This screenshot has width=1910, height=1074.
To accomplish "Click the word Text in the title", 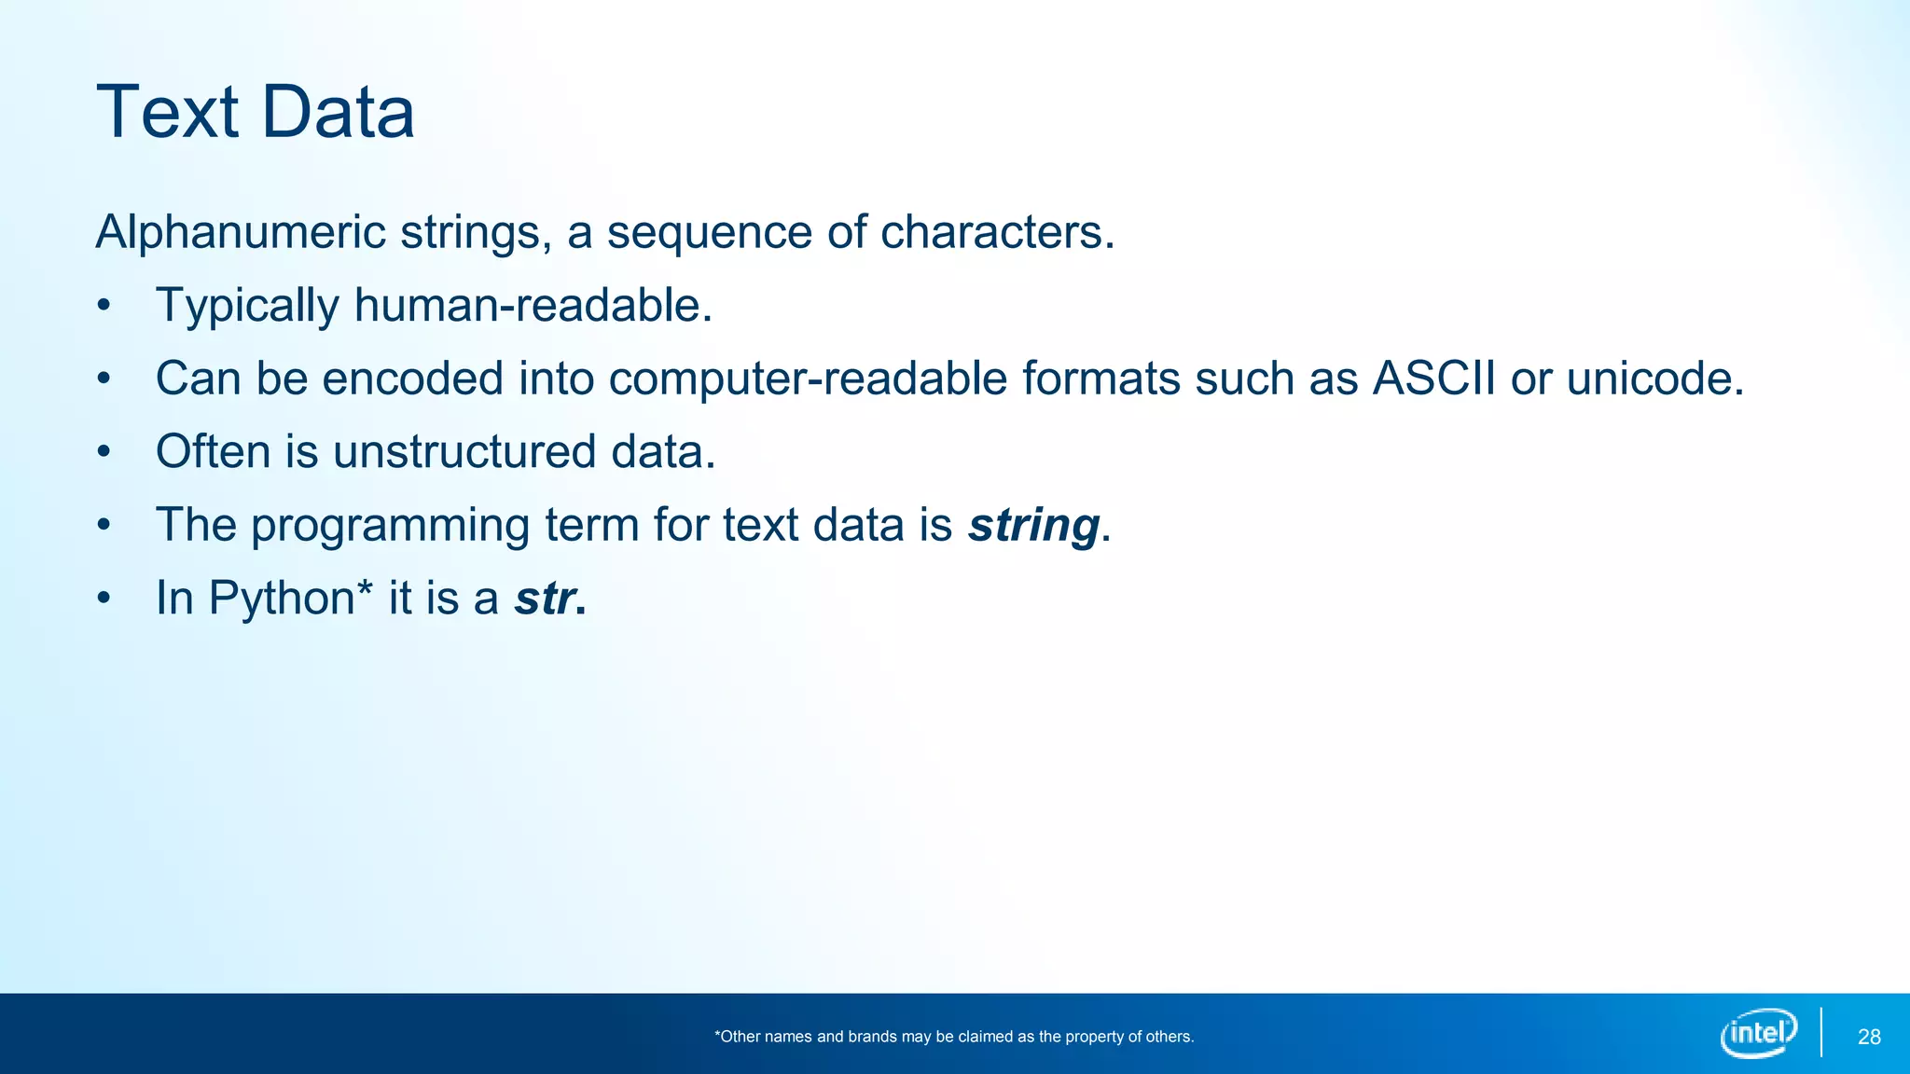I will tap(168, 113).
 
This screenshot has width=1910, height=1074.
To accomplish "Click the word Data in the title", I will tap(338, 113).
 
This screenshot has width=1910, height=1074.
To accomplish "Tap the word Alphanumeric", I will tap(241, 232).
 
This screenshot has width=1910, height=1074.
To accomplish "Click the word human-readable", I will tap(533, 306).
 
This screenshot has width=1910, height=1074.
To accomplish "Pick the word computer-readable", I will tap(808, 379).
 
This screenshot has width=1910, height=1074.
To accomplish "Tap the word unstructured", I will tap(464, 452).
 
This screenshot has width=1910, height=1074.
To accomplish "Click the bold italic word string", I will tap(1033, 525).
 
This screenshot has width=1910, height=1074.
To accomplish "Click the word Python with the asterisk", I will tap(282, 599).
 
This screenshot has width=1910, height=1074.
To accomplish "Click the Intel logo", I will tap(1759, 1033).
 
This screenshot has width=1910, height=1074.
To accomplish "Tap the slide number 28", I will tap(1869, 1038).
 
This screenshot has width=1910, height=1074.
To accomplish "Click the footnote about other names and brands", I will tap(954, 1037).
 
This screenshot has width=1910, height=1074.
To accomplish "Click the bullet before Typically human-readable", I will tap(104, 306).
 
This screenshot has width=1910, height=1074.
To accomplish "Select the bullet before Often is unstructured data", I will tap(104, 452).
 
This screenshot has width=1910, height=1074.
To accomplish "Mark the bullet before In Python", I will tap(104, 599).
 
